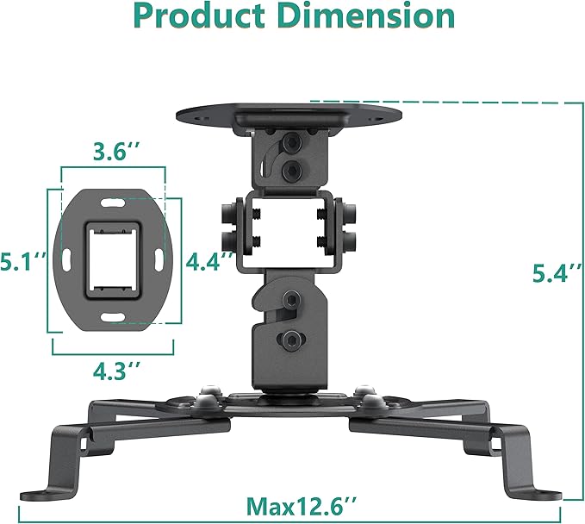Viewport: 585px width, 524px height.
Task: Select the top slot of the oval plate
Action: point(113,204)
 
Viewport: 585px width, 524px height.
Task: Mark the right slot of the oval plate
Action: point(161,258)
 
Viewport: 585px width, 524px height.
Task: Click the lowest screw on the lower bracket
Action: point(292,339)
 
